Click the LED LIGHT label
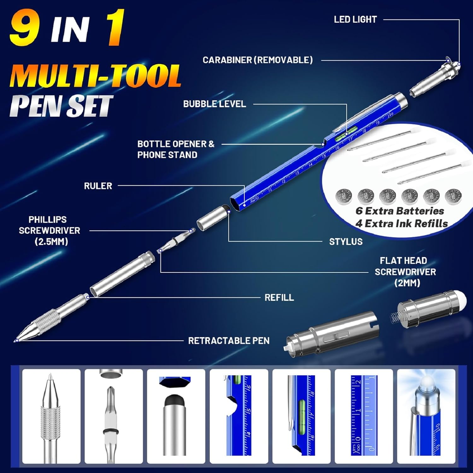point(355,20)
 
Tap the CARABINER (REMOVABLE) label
point(258,60)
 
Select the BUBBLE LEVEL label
point(214,104)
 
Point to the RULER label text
point(98,186)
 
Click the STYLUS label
point(346,242)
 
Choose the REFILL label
point(279,297)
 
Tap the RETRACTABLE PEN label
point(229,341)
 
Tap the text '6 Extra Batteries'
point(400,211)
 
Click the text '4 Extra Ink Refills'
point(401,224)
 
